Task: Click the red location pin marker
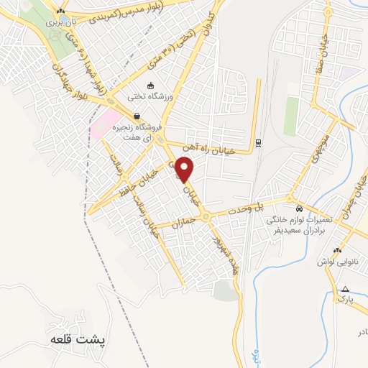(186, 170)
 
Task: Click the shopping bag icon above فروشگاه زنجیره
(136, 116)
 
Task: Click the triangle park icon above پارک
(344, 288)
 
